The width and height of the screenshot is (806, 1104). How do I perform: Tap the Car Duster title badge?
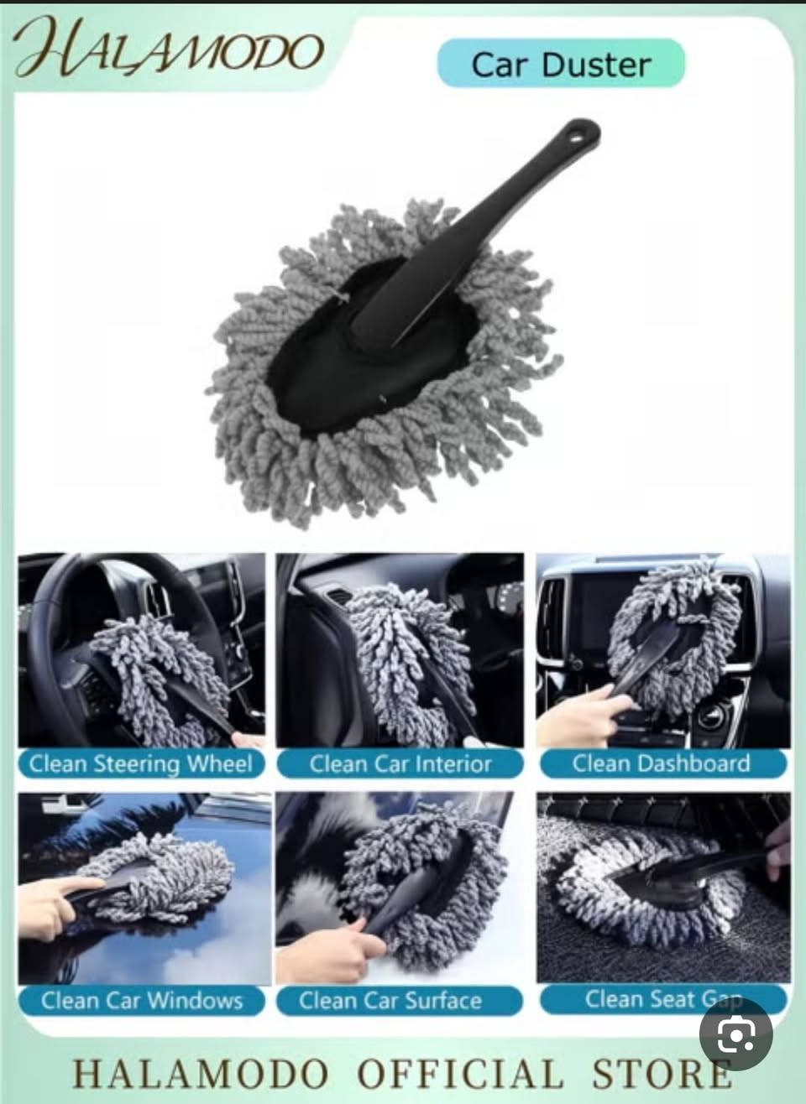pyautogui.click(x=562, y=64)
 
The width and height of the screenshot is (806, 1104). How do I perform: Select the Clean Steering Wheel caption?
pyautogui.click(x=141, y=764)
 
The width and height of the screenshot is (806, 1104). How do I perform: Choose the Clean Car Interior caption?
pyautogui.click(x=400, y=764)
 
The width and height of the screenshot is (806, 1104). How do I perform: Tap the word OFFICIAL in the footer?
pyautogui.click(x=460, y=1071)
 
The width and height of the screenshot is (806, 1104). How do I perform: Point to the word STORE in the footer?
pyautogui.click(x=662, y=1071)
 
